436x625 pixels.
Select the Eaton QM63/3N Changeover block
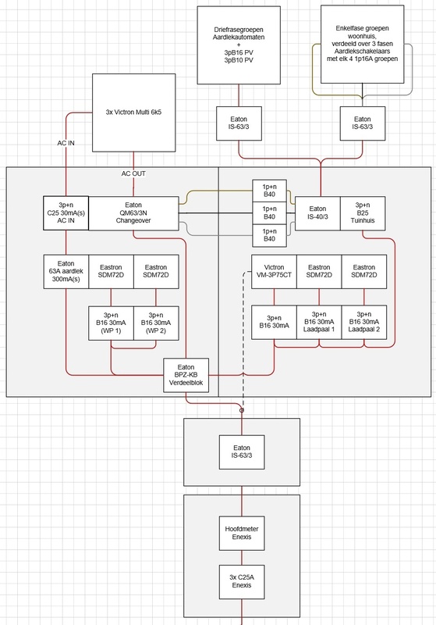134,212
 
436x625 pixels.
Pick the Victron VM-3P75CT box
274,271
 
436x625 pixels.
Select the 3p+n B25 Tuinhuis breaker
363,212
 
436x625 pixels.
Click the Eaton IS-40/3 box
317,212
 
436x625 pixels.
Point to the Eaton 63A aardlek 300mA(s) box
66,271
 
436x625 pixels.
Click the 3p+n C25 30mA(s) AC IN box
66,212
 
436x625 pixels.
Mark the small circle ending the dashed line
242,409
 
